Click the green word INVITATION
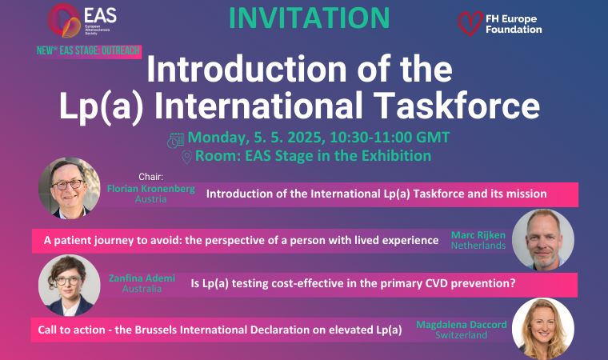click(x=309, y=18)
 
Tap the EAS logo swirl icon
click(x=64, y=21)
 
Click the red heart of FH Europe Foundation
click(x=470, y=23)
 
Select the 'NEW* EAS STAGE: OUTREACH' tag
click(x=89, y=51)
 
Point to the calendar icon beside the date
click(x=176, y=140)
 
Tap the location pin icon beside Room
click(x=186, y=157)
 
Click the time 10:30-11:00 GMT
click(x=390, y=138)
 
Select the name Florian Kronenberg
click(x=151, y=189)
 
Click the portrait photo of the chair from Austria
click(x=70, y=188)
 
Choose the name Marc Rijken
click(x=478, y=235)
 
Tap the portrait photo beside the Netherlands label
click(x=543, y=239)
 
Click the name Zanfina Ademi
click(x=142, y=278)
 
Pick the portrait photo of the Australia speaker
click(x=70, y=285)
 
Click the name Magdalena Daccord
click(x=462, y=325)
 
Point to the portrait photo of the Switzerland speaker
click(x=543, y=329)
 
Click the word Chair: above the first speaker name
click(x=151, y=177)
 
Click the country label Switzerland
click(x=462, y=335)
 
